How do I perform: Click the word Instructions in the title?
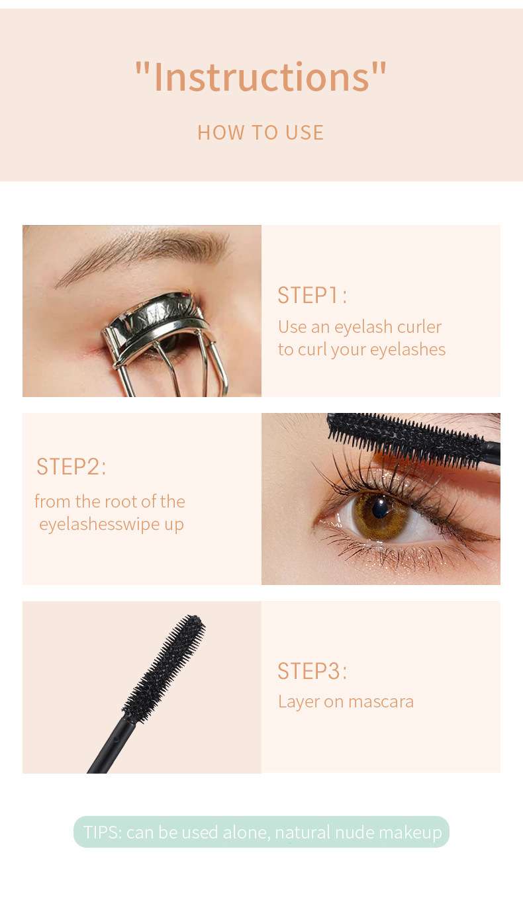tap(261, 77)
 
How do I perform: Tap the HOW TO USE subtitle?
tap(261, 132)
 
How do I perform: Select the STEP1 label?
tap(312, 295)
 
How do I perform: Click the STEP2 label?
tap(71, 467)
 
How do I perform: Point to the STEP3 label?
tap(312, 671)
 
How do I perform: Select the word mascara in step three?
tap(381, 702)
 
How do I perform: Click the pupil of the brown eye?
tap(380, 509)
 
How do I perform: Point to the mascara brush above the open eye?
tap(407, 439)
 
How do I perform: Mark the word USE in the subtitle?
tap(305, 132)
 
